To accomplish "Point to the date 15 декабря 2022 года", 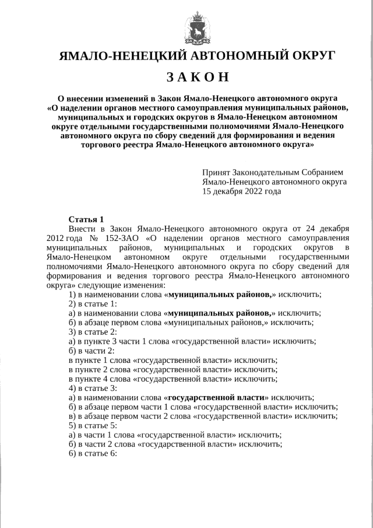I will click(x=241, y=191).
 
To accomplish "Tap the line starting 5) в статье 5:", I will click(x=93, y=425).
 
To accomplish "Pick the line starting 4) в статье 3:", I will click(x=93, y=388).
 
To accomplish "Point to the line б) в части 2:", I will click(x=91, y=351).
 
